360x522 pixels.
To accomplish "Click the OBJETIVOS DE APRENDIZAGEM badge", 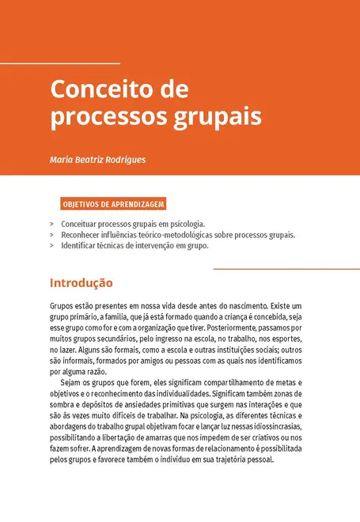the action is pyautogui.click(x=112, y=204).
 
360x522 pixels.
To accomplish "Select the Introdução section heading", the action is pyautogui.click(x=81, y=282).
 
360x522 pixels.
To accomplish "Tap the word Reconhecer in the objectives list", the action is pyautogui.click(x=82, y=235).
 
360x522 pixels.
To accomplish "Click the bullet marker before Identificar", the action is pyautogui.click(x=51, y=246).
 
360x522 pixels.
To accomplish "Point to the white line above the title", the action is pyautogui.click(x=60, y=62).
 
